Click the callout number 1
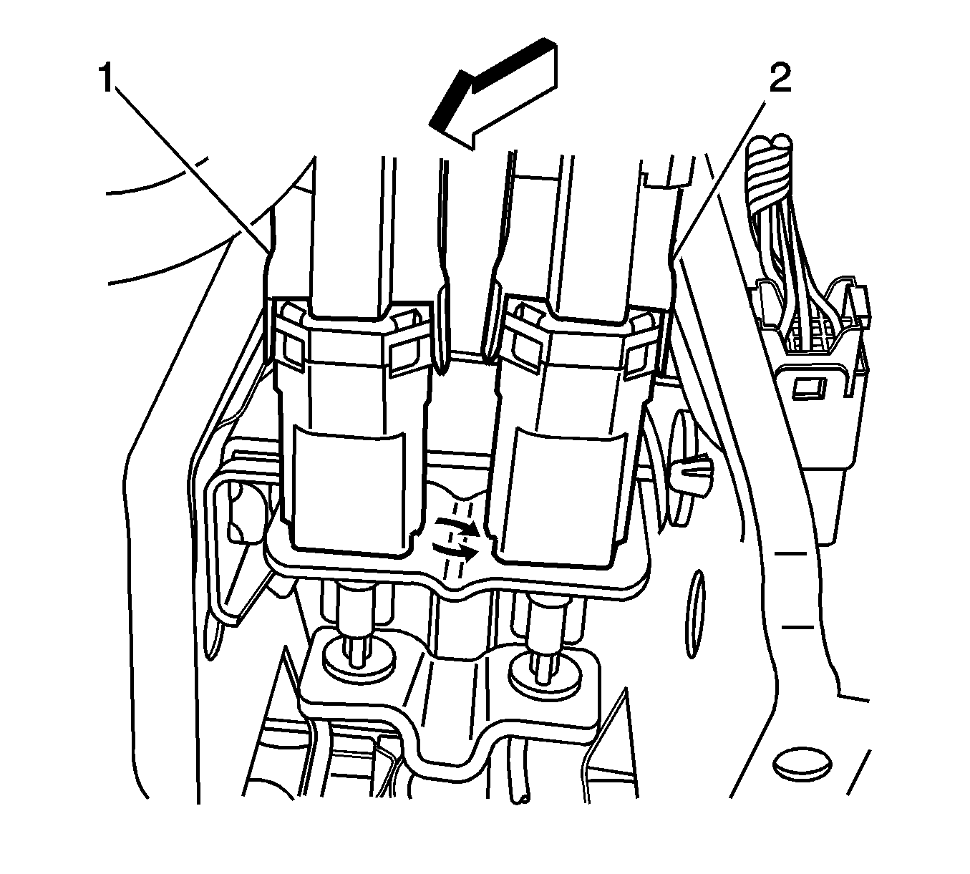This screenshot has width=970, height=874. [107, 79]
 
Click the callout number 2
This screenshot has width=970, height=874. [780, 79]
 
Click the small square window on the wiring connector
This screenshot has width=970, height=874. [808, 389]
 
